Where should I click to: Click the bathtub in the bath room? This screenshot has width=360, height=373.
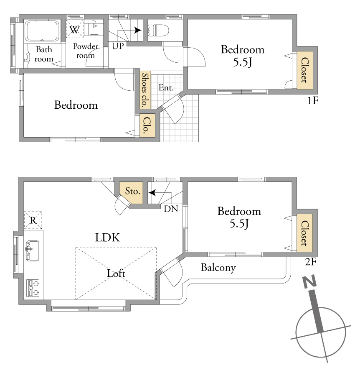pos(42,31)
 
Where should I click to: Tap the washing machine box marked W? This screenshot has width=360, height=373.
pos(75,29)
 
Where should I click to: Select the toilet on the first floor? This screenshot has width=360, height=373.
pos(158,31)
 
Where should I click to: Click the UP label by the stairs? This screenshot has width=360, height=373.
pos(118,46)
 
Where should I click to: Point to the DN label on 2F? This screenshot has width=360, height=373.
pos(171,209)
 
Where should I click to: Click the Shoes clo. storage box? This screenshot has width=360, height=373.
pos(145,89)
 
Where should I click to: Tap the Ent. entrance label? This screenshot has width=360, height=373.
pos(166,87)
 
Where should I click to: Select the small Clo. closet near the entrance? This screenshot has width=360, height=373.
pos(147,125)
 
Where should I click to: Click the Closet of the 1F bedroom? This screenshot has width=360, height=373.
pos(304,70)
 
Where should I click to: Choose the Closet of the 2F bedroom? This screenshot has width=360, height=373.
pos(304,232)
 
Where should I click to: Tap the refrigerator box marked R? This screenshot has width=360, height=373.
pos(33,220)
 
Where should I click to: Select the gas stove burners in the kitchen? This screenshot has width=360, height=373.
pos(33,288)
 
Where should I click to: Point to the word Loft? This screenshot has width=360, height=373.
pos(116,273)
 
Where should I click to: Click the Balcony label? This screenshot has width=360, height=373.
pos(218,268)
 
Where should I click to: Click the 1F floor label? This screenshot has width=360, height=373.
pos(313,101)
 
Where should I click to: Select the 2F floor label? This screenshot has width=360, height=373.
pos(311,262)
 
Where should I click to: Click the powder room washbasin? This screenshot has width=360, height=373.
pos(94,28)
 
